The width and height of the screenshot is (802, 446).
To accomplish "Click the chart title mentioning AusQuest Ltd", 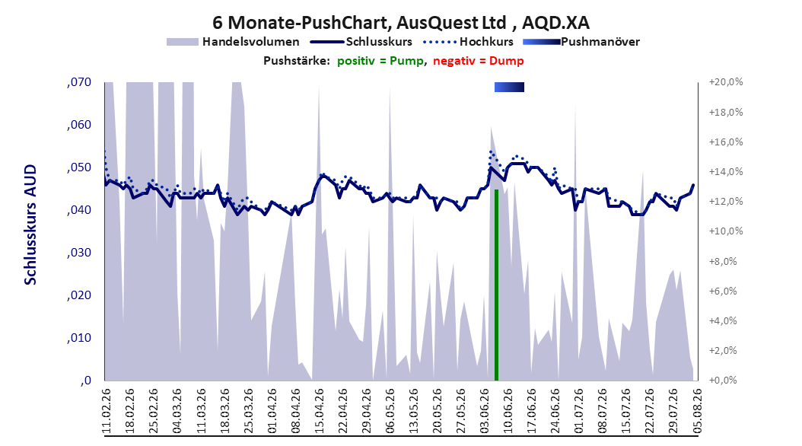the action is point(400,23).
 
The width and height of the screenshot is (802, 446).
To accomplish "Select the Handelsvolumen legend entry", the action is point(234,42).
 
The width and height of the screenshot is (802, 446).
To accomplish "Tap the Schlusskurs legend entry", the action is point(361,42).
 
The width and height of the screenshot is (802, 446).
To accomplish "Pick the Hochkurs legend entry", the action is point(469,42).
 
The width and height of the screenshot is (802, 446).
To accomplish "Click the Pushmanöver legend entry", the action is point(581,42).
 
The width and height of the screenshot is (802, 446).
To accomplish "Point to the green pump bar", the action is point(496,285).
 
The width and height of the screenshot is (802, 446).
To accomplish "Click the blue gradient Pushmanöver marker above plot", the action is point(510,87).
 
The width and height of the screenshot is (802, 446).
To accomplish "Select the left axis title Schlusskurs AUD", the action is point(30,225).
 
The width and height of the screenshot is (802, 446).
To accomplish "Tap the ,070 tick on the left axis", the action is point(79,82).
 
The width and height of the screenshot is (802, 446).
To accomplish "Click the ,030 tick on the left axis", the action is point(79,253).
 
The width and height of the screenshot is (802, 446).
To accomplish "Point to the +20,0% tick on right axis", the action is point(726,82).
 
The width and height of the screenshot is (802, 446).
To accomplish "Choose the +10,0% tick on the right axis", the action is point(726,231).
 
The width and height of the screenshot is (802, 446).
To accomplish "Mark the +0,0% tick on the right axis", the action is point(723,380).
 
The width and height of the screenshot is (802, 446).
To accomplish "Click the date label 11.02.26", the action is point(107,411).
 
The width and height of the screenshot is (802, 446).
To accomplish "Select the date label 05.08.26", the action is point(697,411).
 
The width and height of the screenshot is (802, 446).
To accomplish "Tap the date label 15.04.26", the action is point(319,411).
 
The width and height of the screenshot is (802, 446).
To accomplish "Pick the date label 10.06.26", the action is point(508,411).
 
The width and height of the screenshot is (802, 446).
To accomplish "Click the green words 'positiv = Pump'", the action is point(380,61).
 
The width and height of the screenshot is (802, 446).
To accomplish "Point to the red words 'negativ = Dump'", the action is point(479,61).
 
